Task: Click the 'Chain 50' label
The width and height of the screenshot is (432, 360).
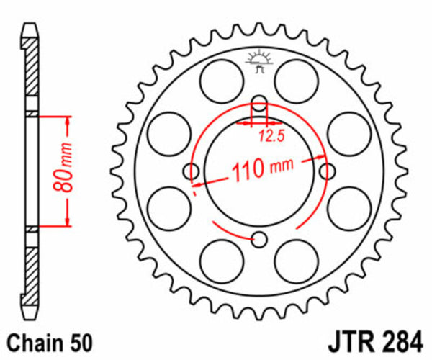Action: [x=50, y=339]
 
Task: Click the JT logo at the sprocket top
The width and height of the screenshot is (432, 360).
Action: [x=258, y=61]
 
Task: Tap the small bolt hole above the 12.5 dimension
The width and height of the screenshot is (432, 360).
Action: [x=259, y=102]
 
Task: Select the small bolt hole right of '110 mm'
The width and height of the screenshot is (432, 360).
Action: [x=328, y=171]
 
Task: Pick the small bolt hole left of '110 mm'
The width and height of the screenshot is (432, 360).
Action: [x=191, y=171]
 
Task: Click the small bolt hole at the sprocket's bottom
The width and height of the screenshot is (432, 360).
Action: [x=260, y=240]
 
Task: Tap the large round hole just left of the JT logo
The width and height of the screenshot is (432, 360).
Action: [x=220, y=79]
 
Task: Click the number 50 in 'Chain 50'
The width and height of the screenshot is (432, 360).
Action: [x=81, y=339]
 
